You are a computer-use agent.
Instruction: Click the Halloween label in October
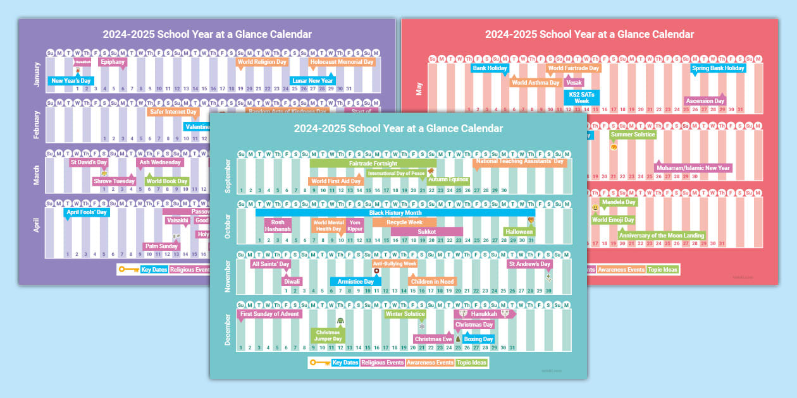coord(519,232)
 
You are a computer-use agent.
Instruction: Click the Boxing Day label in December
coord(478,339)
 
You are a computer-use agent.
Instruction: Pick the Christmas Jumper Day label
coord(328,335)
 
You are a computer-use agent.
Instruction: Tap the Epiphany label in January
coord(113,62)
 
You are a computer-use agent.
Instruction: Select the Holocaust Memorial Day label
coord(342,62)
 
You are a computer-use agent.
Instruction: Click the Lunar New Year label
coord(312,80)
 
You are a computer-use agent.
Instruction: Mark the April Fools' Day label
coord(87,212)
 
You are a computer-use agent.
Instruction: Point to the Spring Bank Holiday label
coord(718,68)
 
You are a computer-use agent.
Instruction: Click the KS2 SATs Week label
coord(581,97)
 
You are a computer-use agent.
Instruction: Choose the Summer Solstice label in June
coord(633,134)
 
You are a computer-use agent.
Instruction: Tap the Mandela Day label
coord(618,202)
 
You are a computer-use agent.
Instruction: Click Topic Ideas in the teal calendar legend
coord(472,363)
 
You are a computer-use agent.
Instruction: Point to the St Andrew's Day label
coord(529,264)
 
